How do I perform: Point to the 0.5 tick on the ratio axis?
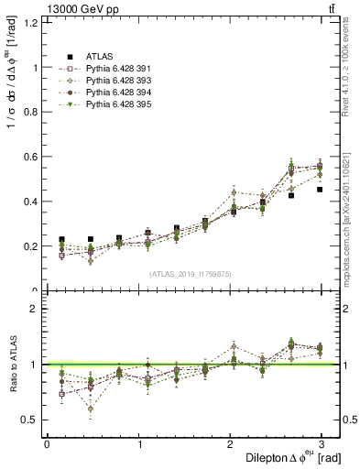click(x=30, y=420)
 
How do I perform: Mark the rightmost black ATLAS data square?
click(x=320, y=190)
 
